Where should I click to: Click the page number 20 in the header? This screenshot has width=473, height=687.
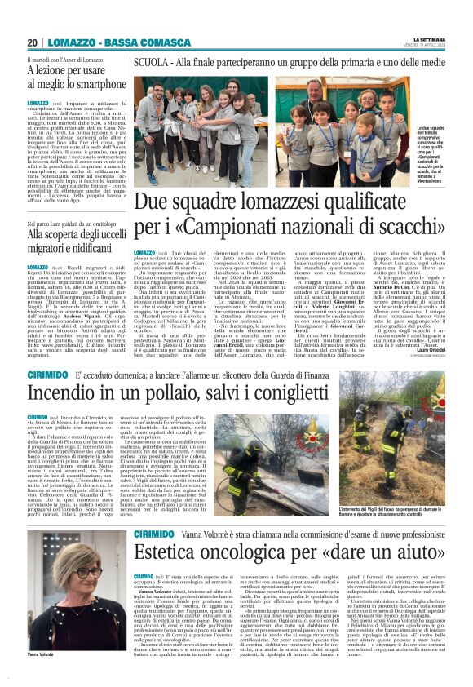tap(32, 42)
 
